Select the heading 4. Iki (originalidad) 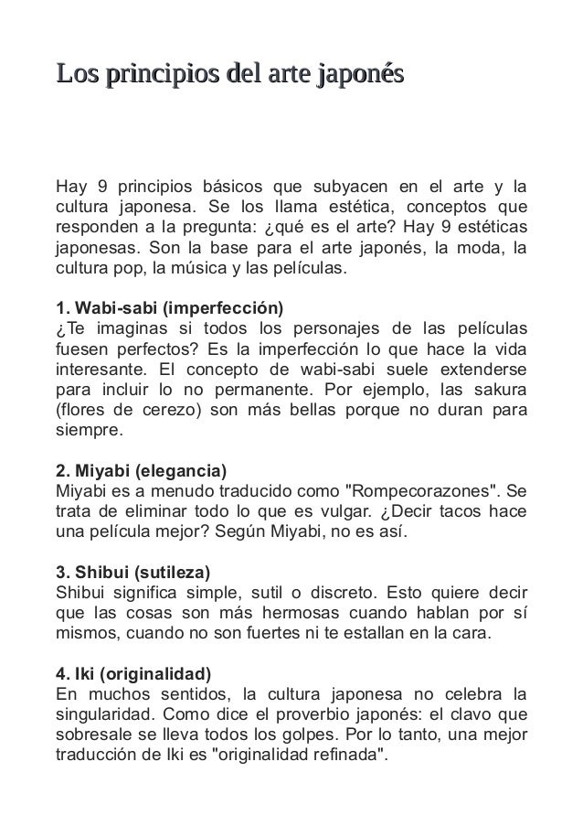[x=133, y=677]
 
